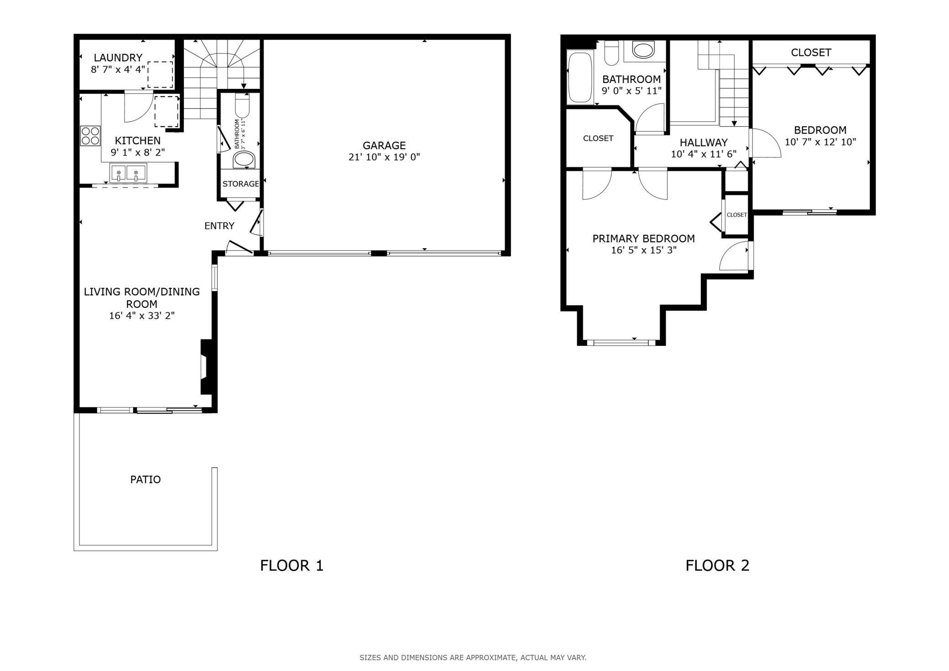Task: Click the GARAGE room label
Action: coord(384,146)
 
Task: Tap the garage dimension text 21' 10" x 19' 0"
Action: coord(384,157)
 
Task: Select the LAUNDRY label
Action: coord(118,57)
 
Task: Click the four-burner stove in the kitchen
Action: coord(90,135)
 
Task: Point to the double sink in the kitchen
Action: coord(128,173)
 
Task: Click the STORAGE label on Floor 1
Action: coord(240,184)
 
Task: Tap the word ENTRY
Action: coord(219,226)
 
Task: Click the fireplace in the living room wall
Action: coord(207,366)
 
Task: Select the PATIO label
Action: coord(146,479)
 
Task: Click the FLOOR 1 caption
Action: coord(292,566)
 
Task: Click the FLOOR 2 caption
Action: coord(717,566)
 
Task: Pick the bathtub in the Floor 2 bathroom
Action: coord(580,78)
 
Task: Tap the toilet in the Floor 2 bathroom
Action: coord(611,53)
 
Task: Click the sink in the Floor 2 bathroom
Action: coord(643,50)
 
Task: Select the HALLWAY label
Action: coord(704,142)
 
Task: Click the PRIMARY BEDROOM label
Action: coord(643,239)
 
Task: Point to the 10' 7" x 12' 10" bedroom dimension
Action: coord(820,142)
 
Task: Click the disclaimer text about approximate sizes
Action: coord(473,658)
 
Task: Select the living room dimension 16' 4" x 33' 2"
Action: coord(142,316)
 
